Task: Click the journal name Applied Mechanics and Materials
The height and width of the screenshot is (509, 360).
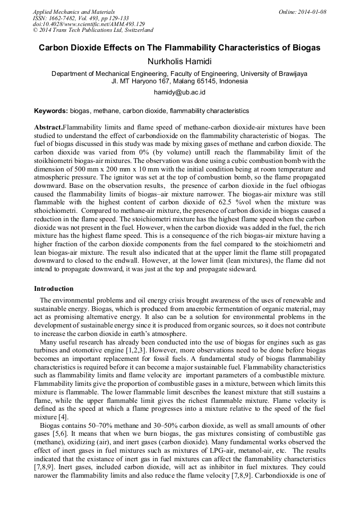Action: [74, 12]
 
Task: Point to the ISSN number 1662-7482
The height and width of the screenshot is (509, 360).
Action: [66, 18]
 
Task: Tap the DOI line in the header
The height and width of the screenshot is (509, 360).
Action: [89, 24]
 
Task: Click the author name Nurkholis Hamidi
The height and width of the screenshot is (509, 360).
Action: [179, 61]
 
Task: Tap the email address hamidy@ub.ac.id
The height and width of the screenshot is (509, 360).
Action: [179, 92]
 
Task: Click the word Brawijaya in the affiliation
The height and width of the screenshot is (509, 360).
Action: [288, 74]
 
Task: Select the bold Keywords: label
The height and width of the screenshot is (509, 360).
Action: [51, 111]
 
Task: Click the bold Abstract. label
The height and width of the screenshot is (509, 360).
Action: [48, 128]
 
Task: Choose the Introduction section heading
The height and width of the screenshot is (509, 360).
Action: [54, 289]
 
